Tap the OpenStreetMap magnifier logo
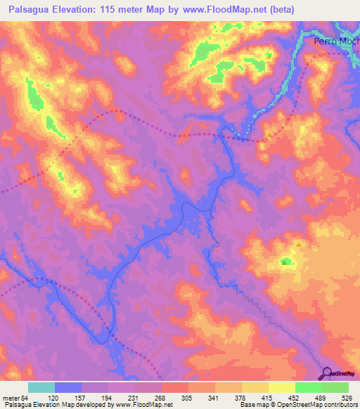point(328,373)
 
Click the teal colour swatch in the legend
point(41,387)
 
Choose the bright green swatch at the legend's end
point(335,387)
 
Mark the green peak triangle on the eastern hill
point(284,263)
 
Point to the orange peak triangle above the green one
point(298,245)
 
